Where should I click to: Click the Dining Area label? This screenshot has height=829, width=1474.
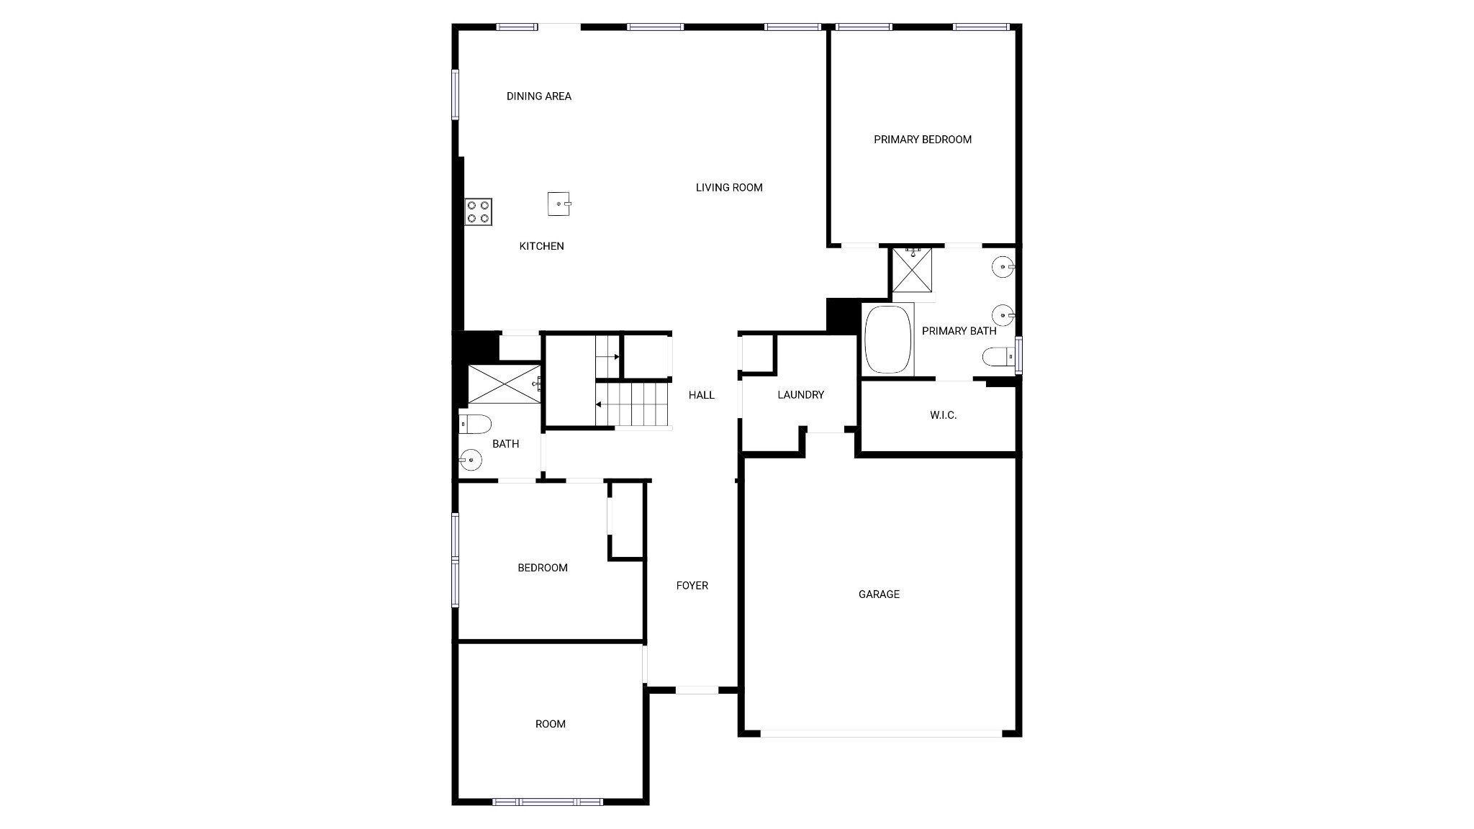[x=538, y=96]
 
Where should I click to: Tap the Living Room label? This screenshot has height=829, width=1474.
[x=729, y=188]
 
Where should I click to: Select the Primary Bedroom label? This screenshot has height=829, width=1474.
[x=923, y=140]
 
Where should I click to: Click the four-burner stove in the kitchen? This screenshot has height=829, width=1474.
[x=479, y=212]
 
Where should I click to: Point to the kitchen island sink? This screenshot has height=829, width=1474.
[x=559, y=204]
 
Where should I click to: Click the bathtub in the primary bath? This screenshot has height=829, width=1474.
[x=888, y=340]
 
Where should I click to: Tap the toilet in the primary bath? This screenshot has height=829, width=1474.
[x=998, y=357]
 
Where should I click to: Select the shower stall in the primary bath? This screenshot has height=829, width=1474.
[x=912, y=270]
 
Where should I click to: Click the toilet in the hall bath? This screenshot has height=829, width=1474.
[x=474, y=425]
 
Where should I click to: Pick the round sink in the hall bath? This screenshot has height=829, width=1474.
[x=471, y=458]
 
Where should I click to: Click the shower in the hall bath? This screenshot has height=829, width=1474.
[x=504, y=384]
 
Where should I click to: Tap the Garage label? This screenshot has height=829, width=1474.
[x=879, y=594]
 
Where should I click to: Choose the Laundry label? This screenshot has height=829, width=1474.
[x=800, y=395]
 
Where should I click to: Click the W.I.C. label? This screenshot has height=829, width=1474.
[x=943, y=415]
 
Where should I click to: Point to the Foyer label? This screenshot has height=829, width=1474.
[x=692, y=586]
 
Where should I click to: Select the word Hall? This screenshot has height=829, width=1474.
[x=701, y=395]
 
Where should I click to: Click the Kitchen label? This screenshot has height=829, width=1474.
[x=541, y=246]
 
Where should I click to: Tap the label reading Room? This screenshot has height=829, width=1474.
[x=550, y=724]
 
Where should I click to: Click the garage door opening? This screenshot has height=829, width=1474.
[x=881, y=733]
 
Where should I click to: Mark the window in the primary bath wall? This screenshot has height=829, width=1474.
[x=1018, y=355]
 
